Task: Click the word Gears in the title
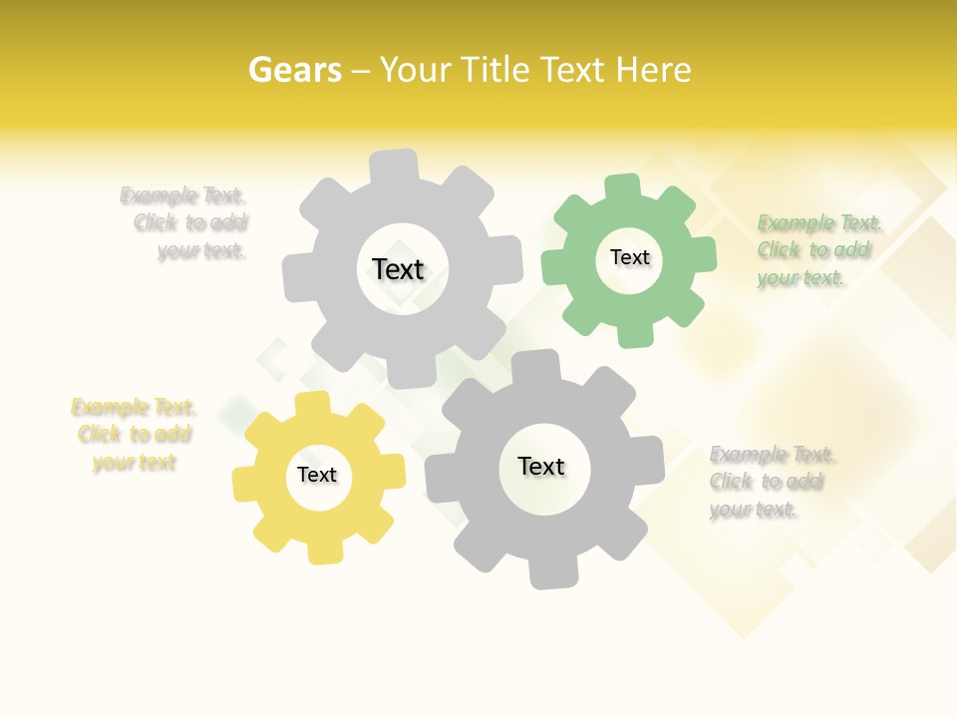(x=295, y=70)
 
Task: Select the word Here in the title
(x=653, y=70)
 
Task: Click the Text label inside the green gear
(x=630, y=257)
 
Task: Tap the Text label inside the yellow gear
(x=317, y=475)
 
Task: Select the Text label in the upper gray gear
(x=398, y=269)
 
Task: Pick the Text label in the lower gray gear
(x=541, y=466)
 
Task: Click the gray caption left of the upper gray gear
(x=184, y=223)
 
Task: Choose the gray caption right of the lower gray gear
(x=772, y=482)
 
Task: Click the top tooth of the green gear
(x=622, y=186)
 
